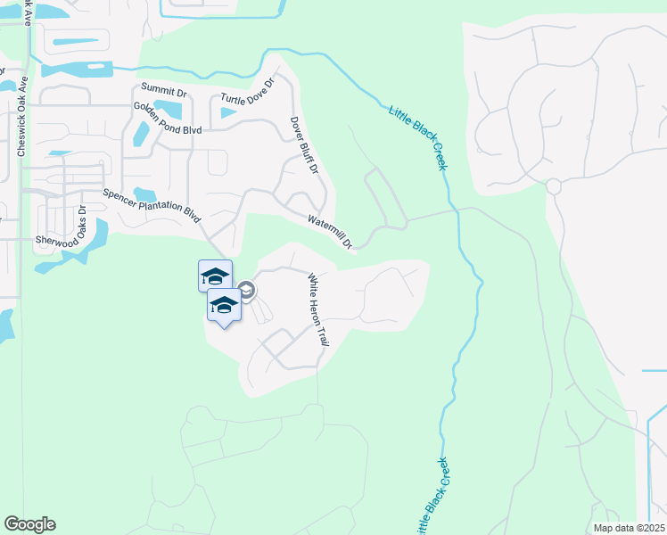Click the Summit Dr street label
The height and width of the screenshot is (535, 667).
[163, 89]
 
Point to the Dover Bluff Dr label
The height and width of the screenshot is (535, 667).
[304, 145]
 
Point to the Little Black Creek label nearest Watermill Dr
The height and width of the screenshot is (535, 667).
[416, 135]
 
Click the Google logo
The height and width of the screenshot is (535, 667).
[29, 524]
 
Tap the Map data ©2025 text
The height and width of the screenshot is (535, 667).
[629, 528]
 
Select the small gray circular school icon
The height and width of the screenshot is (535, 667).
[247, 291]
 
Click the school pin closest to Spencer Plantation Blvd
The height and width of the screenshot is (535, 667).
[215, 275]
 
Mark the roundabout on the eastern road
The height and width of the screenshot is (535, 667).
[553, 186]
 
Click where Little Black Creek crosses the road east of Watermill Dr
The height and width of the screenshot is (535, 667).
[454, 210]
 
